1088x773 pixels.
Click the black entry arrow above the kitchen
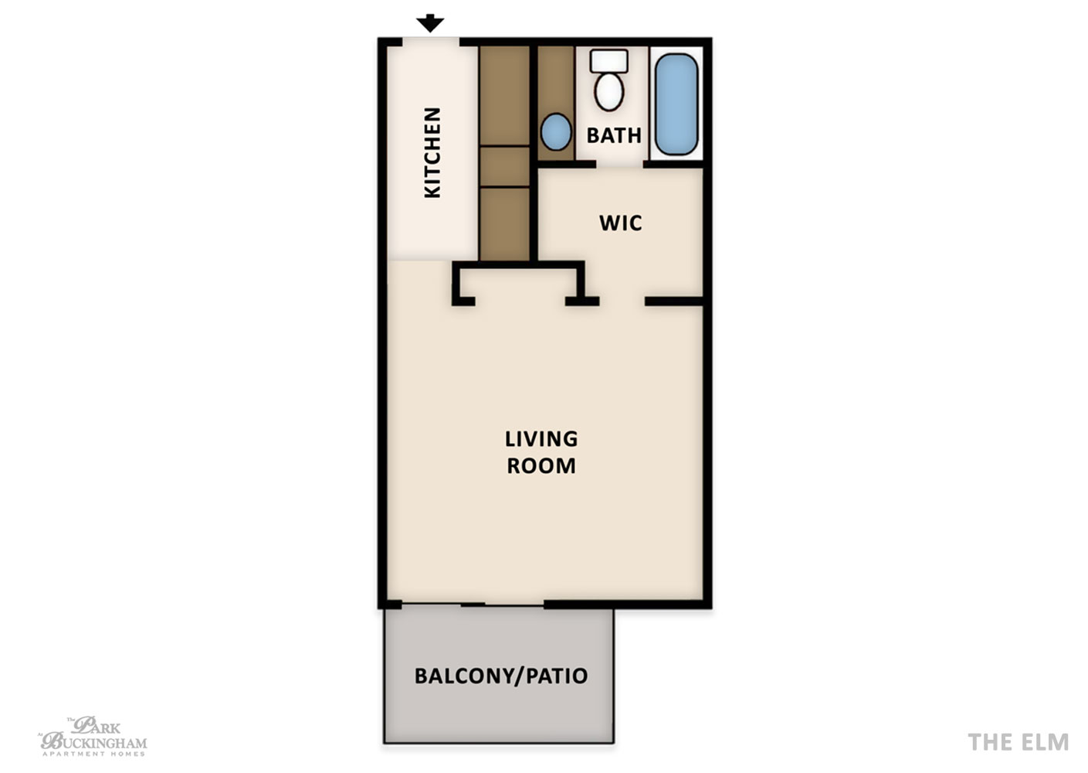click(430, 23)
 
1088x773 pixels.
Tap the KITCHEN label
click(432, 152)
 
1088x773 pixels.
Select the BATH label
click(614, 135)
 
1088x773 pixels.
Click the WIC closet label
click(620, 223)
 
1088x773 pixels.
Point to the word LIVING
click(541, 439)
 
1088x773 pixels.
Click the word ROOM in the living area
click(541, 466)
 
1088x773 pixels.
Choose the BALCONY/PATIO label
click(501, 676)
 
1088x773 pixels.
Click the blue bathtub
click(676, 104)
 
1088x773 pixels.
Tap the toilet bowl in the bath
click(609, 91)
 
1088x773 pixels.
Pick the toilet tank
click(609, 61)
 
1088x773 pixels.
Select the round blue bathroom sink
click(556, 131)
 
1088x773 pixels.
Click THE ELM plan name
click(1018, 742)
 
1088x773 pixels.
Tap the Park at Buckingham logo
click(93, 736)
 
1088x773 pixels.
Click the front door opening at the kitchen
click(431, 43)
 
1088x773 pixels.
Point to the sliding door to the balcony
click(473, 604)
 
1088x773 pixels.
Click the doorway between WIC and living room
click(622, 301)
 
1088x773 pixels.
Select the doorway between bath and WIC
click(620, 164)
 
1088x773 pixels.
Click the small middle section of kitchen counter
click(505, 166)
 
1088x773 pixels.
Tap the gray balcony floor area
click(500, 676)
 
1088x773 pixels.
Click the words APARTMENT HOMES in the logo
click(93, 754)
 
